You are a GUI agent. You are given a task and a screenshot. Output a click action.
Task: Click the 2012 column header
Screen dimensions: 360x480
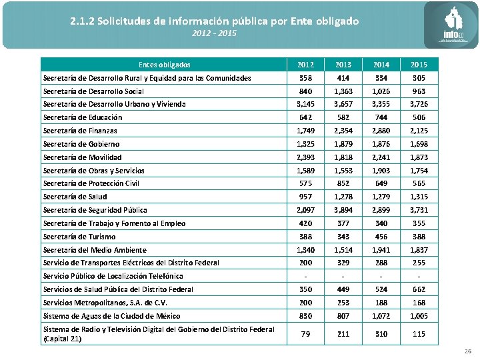(x=305, y=65)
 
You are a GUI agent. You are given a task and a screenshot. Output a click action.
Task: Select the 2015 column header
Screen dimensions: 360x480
(x=419, y=65)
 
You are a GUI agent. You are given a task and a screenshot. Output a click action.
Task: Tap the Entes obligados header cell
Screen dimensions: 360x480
(x=164, y=65)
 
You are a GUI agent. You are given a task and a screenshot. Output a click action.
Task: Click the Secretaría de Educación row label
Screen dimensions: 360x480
(x=82, y=117)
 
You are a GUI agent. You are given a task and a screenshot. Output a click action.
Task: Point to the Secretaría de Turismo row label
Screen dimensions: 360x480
(x=79, y=237)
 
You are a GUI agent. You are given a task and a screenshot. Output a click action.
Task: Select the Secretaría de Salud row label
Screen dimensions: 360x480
(x=75, y=197)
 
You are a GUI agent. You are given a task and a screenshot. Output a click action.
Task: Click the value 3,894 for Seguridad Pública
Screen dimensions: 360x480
(x=343, y=210)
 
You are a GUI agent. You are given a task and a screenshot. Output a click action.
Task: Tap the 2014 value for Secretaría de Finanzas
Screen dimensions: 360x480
(x=381, y=131)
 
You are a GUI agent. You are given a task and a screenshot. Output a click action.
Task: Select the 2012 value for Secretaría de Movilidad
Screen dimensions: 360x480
(x=305, y=157)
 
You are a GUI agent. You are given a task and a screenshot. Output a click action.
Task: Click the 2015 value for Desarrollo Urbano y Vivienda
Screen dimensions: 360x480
(x=419, y=104)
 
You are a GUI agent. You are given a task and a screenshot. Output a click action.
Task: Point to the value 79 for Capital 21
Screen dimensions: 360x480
(x=305, y=334)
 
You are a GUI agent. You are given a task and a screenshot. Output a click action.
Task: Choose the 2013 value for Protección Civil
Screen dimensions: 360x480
(x=343, y=183)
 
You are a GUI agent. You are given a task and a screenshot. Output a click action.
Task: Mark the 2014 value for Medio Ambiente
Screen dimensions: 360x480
(x=381, y=250)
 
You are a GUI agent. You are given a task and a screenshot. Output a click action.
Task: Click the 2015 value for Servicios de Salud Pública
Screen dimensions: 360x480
(x=419, y=289)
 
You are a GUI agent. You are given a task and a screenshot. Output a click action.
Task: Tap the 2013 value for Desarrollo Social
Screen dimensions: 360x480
(x=343, y=91)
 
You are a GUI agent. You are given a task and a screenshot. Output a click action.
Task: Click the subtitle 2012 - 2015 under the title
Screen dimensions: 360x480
(x=214, y=33)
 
